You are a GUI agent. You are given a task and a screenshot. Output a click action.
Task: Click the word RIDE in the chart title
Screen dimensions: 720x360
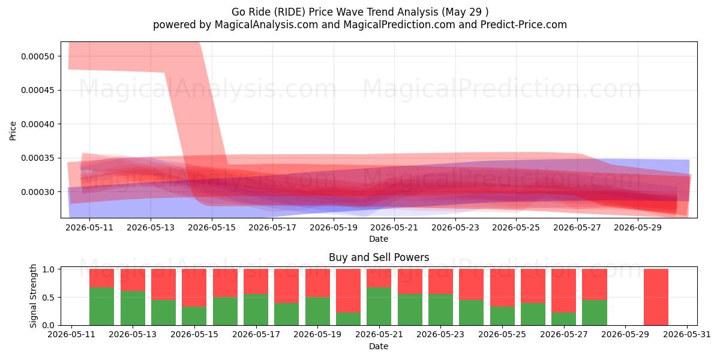pos(292,12)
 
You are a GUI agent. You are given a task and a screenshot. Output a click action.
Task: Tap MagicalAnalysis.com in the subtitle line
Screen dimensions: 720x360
pos(266,25)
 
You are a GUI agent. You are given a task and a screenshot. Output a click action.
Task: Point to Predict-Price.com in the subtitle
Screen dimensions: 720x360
pos(524,25)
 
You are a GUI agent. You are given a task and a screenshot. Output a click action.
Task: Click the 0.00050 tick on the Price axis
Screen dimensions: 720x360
pos(38,56)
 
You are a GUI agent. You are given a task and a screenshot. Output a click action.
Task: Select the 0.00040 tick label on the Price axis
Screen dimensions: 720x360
pos(38,124)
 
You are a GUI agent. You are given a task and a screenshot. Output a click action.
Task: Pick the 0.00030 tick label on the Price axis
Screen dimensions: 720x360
pos(38,192)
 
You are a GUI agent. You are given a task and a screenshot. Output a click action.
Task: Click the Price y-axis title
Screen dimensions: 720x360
pos(13,131)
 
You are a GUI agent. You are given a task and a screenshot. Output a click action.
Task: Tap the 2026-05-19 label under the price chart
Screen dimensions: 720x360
pos(334,227)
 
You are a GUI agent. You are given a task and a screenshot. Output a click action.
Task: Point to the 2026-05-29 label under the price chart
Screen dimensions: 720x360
pos(638,227)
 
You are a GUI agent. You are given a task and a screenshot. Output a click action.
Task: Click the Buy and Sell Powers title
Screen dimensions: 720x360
pos(379,257)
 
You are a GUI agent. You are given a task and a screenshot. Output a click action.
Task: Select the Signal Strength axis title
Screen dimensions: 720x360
pos(33,296)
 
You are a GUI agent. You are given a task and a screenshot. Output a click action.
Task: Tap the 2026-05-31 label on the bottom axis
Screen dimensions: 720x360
pos(687,335)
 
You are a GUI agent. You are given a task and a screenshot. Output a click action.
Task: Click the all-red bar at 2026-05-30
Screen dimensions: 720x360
pos(656,297)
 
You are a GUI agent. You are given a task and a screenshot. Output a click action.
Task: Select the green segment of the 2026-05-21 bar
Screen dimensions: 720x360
pos(379,307)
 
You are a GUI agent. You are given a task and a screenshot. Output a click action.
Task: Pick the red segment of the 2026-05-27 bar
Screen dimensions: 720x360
pos(564,290)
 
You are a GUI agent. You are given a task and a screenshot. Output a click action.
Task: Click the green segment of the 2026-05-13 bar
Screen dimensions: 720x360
pos(133,308)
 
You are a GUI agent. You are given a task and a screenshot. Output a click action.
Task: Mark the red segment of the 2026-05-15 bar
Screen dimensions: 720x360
pos(194,287)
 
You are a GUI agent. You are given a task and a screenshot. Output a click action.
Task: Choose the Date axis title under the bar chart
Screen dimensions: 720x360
pos(379,347)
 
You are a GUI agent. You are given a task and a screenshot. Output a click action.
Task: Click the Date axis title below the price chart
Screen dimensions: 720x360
pos(379,239)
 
